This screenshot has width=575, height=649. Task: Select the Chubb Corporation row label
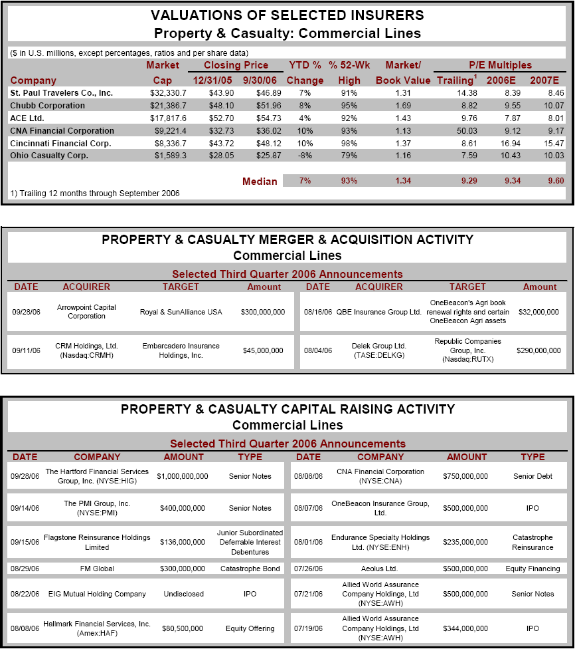47,105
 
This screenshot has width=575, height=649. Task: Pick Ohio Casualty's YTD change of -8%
305,156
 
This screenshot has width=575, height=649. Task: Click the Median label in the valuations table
260,181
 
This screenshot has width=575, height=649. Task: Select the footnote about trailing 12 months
95,194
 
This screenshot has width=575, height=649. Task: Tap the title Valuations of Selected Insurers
287,15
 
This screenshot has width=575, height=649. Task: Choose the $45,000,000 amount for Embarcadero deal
263,350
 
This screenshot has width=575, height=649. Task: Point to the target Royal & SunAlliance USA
181,312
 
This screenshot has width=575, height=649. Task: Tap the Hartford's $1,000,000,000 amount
183,476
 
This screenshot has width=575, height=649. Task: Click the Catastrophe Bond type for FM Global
250,569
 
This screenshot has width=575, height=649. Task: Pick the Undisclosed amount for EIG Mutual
183,594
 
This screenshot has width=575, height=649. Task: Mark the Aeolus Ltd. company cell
380,569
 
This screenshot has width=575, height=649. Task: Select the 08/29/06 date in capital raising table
25,569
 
